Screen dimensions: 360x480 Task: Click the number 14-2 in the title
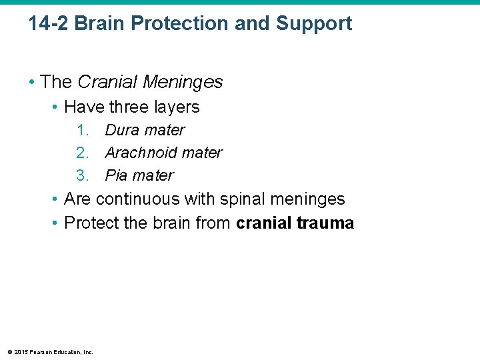coord(49,24)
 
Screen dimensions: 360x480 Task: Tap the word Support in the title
coord(314,24)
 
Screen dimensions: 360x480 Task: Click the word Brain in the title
coord(101,24)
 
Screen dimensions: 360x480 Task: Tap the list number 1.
coord(82,130)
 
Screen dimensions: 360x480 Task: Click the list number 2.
coord(82,153)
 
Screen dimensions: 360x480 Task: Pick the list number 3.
coord(82,175)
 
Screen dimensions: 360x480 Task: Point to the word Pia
coord(117,175)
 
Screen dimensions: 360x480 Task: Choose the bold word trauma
coord(325,223)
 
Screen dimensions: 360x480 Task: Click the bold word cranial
coord(263,223)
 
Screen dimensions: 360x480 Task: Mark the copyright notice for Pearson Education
coord(50,352)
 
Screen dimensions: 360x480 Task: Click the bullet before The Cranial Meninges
coord(31,83)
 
